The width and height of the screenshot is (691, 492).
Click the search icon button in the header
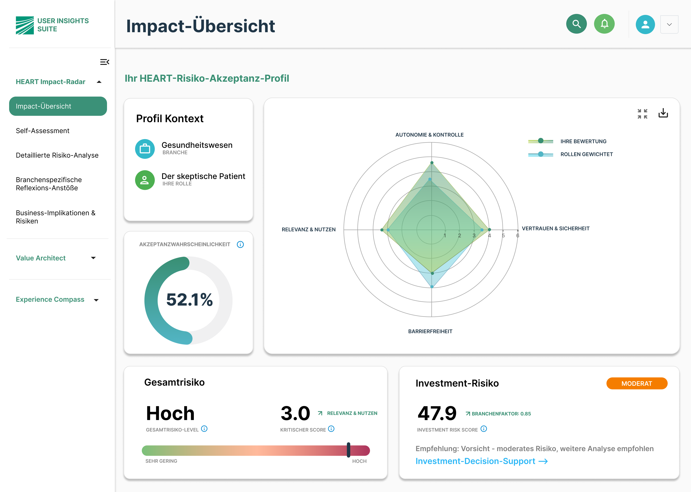(x=576, y=24)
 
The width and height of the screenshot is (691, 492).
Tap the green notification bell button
(x=604, y=24)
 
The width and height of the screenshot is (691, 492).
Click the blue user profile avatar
(x=645, y=24)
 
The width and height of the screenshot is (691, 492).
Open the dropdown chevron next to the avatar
(x=669, y=25)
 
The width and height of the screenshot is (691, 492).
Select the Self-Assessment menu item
(x=43, y=131)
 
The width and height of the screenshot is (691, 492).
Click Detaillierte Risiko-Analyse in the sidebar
(x=57, y=155)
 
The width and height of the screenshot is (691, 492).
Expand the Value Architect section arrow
(x=93, y=258)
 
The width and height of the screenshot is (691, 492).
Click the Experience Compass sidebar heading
(x=50, y=299)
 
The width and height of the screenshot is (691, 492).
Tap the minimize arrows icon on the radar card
(x=642, y=114)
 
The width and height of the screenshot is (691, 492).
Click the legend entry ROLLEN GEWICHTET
(x=586, y=154)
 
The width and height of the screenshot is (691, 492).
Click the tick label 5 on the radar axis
(x=503, y=235)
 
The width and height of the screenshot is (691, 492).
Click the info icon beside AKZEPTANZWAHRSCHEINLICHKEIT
(x=240, y=245)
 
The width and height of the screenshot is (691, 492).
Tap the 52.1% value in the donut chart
(x=189, y=300)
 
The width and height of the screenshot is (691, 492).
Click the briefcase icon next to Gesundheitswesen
(x=145, y=149)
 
